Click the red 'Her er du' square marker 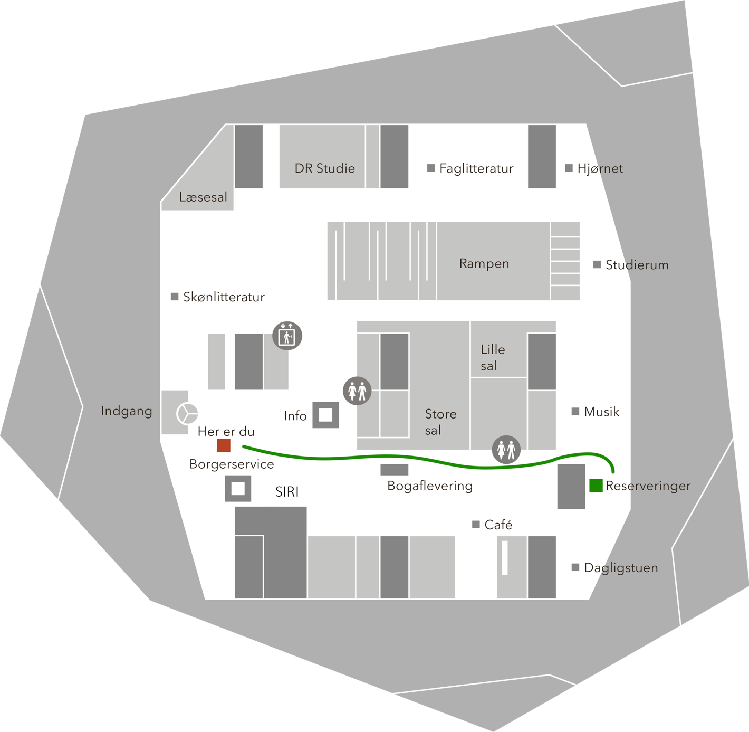pos(224,445)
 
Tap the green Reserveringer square pos(596,486)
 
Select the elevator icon pos(287,336)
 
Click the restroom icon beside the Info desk pos(357,391)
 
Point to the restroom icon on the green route pos(506,450)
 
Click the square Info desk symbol pos(325,415)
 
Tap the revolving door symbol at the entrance pos(187,414)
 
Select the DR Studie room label pos(325,168)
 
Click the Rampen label pos(484,264)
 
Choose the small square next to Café pos(476,525)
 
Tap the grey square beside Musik pos(575,411)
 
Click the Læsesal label pos(203,197)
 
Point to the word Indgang pos(127,411)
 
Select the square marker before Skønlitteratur pos(175,297)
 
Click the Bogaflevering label pos(430,486)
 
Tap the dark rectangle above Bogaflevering pos(395,469)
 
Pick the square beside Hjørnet pos(569,168)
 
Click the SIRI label pos(287,492)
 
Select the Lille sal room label pos(493,357)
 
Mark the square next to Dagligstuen pos(575,567)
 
